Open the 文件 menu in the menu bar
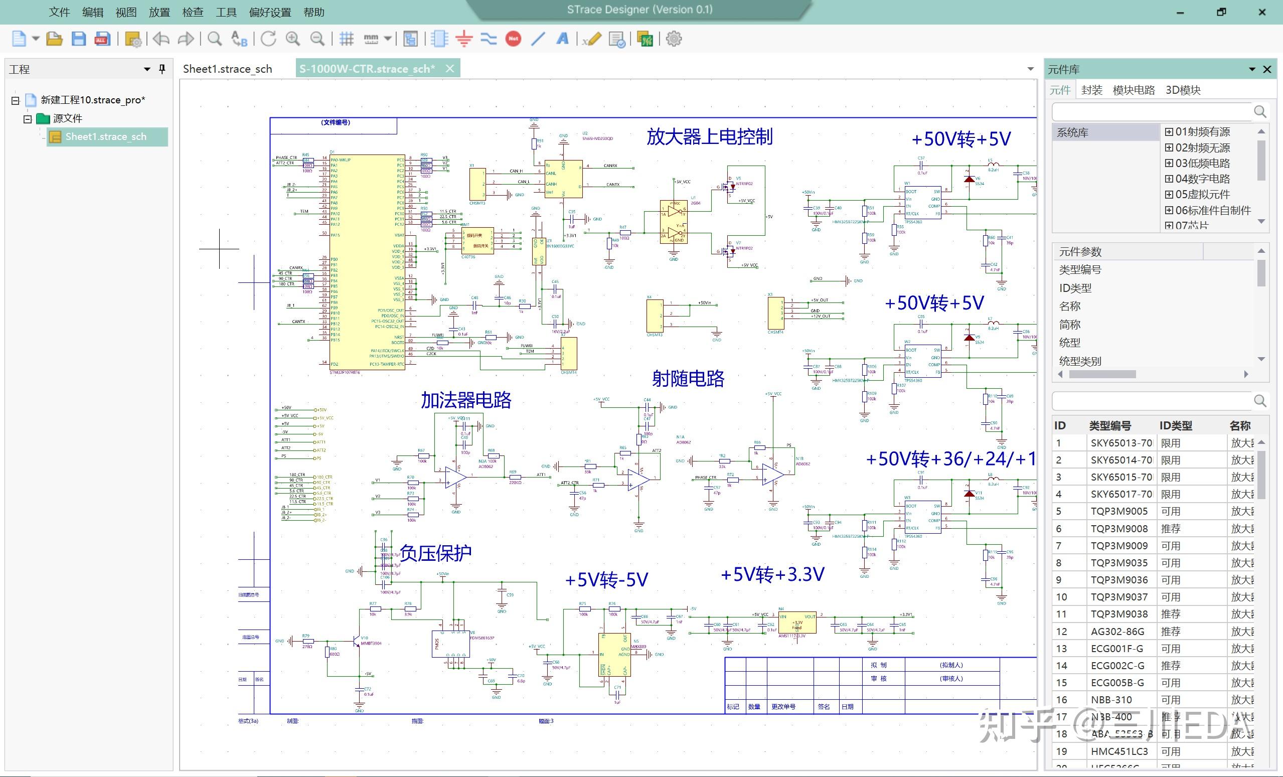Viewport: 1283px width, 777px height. pos(59,12)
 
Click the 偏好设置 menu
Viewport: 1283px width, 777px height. pos(270,12)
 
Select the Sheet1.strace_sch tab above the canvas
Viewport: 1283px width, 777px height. pos(227,69)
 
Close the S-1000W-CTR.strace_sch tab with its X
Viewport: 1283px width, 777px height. pos(450,69)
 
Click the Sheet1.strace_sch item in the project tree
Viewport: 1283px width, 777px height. pos(106,136)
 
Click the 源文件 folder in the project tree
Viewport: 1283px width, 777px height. pos(67,118)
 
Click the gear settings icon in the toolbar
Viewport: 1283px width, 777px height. pos(674,39)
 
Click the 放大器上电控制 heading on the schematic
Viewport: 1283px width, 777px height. pos(709,137)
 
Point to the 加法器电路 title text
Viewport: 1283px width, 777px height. pos(466,400)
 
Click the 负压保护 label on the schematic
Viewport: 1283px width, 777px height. pos(435,553)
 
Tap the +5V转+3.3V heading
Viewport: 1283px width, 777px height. pos(772,574)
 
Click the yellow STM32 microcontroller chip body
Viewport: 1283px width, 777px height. pos(368,260)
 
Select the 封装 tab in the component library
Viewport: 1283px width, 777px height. pos(1091,90)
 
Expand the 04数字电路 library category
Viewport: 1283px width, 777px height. pos(1170,179)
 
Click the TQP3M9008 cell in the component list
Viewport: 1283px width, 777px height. pos(1119,529)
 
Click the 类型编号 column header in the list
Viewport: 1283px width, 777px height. pos(1109,425)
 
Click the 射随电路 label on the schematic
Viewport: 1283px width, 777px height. pos(688,379)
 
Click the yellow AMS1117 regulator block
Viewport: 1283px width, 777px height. pos(796,623)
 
